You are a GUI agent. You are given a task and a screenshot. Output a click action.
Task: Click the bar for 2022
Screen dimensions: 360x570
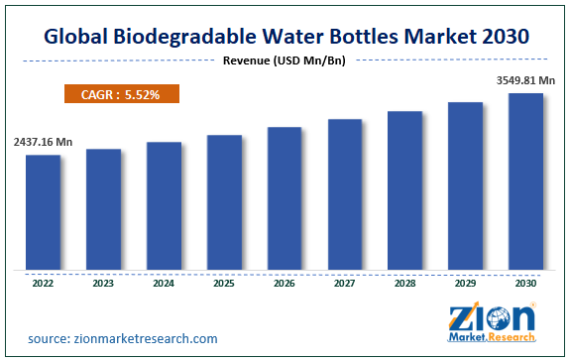pyautogui.click(x=43, y=211)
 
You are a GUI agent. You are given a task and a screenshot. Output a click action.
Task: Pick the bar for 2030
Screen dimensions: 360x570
pyautogui.click(x=525, y=180)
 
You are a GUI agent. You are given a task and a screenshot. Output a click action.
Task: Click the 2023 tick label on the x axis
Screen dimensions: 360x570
pyautogui.click(x=103, y=282)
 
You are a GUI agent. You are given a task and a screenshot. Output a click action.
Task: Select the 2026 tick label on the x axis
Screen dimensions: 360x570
pyautogui.click(x=285, y=282)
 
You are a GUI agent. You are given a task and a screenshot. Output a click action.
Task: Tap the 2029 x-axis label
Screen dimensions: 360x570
pyautogui.click(x=466, y=282)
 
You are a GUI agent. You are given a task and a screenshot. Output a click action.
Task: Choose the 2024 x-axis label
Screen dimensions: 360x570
pyautogui.click(x=164, y=282)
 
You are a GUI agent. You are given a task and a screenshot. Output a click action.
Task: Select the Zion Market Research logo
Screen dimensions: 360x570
pyautogui.click(x=494, y=322)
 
